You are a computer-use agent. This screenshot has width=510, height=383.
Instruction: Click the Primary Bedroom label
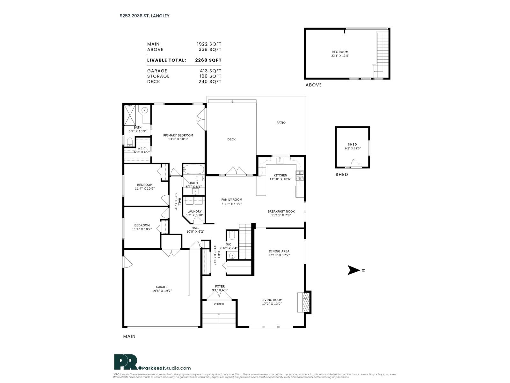(x=178, y=135)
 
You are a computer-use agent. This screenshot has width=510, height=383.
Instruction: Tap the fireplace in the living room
(x=305, y=302)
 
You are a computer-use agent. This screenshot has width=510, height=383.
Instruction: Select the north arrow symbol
(x=353, y=270)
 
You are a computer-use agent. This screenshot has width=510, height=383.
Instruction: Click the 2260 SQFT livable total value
(x=208, y=60)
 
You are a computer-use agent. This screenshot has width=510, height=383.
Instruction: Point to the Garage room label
(x=162, y=287)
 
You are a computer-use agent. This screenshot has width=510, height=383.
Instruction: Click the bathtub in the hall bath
(x=193, y=169)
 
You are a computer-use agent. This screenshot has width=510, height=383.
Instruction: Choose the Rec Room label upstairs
(x=340, y=52)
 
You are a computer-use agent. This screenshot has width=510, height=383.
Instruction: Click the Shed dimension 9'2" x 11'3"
(x=353, y=148)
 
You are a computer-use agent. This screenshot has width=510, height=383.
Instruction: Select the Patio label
(x=281, y=123)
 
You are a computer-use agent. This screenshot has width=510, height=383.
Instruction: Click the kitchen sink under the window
(x=280, y=161)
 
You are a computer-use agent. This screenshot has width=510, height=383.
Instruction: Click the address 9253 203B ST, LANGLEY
(x=142, y=16)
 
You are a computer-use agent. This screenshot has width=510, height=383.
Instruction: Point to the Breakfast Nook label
(x=281, y=211)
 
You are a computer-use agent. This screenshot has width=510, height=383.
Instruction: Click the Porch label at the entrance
(x=219, y=304)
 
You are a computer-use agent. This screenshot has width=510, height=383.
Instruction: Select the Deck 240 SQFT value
(x=210, y=81)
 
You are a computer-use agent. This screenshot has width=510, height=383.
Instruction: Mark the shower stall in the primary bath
(x=130, y=115)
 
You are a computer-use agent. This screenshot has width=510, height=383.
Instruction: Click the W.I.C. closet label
(x=142, y=148)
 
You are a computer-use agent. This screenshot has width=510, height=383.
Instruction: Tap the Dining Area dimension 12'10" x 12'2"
(x=279, y=255)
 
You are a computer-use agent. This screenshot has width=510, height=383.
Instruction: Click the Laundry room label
(x=194, y=211)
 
